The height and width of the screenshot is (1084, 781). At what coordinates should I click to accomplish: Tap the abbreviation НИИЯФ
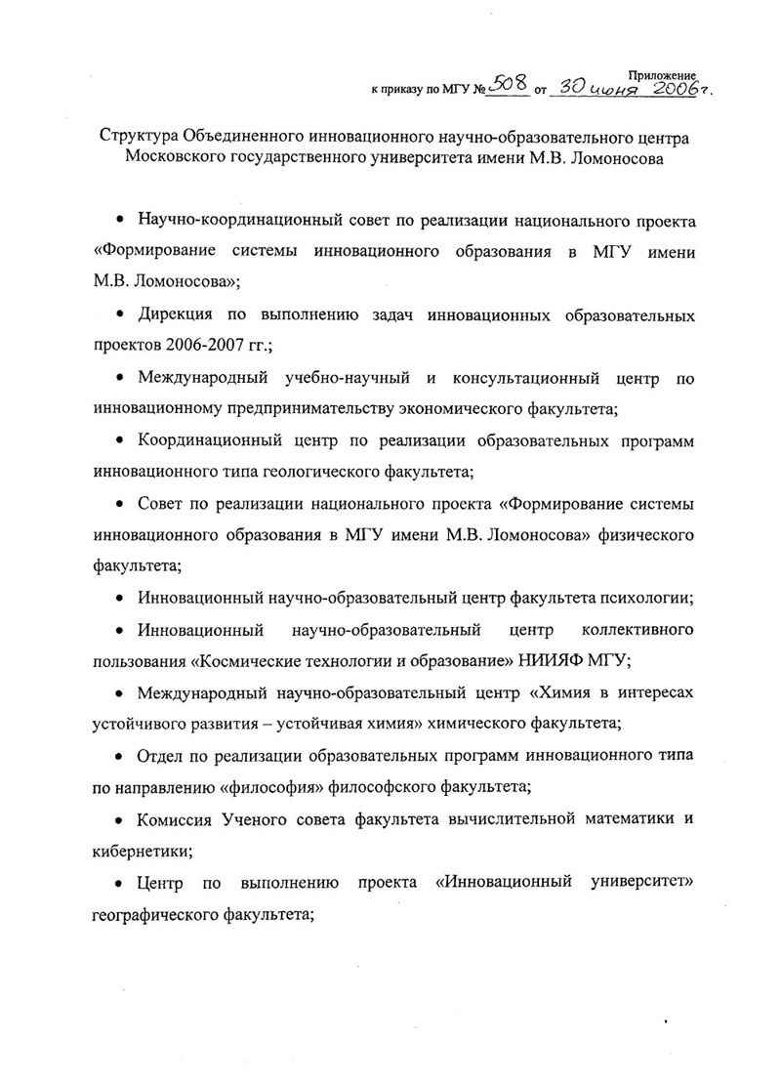click(554, 659)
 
